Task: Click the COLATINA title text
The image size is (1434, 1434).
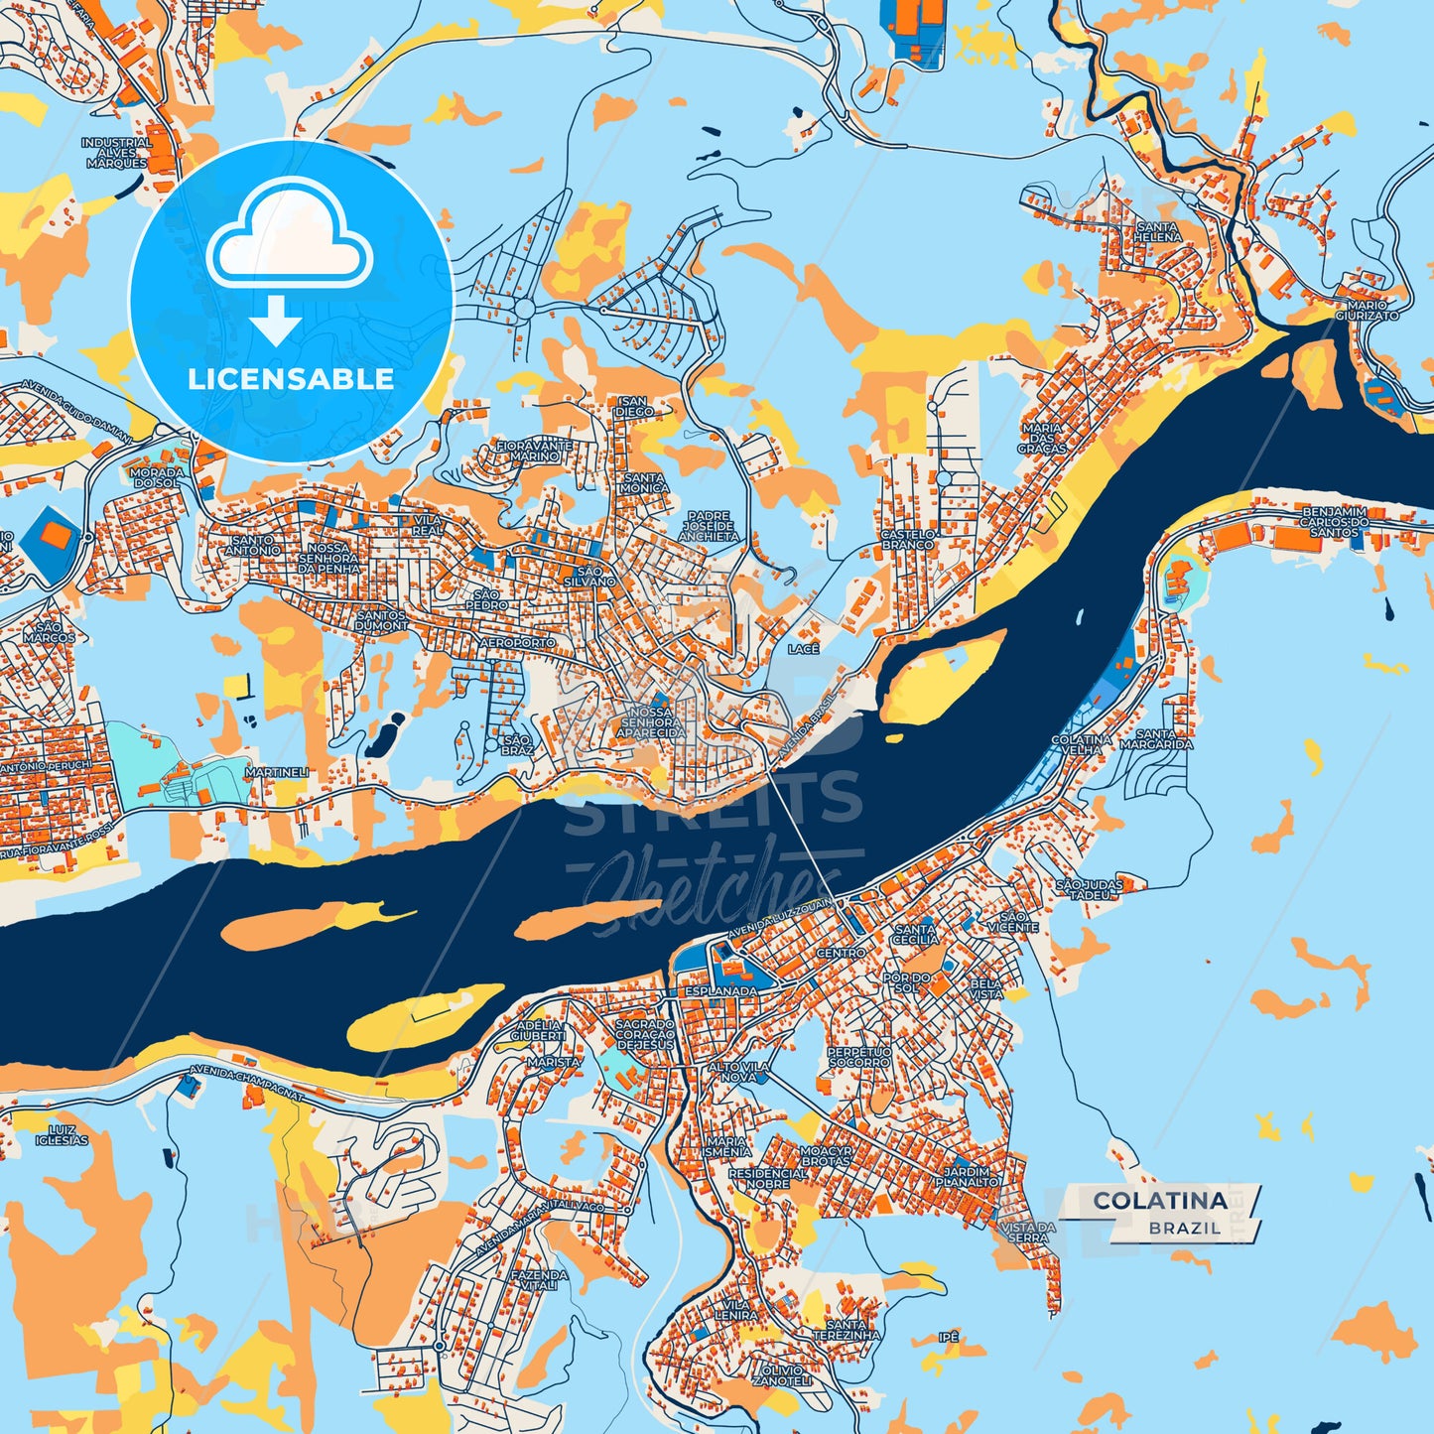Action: click(x=1159, y=1200)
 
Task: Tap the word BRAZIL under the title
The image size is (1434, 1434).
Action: click(x=1184, y=1228)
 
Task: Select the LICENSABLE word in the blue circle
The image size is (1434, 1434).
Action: click(x=291, y=378)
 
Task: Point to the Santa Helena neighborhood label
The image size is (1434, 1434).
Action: click(x=1159, y=232)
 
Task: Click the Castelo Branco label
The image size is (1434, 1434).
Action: click(x=907, y=539)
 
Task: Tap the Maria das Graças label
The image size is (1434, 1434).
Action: click(x=1041, y=438)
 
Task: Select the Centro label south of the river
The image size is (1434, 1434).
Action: click(x=841, y=953)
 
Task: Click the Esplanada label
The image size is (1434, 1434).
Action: click(x=721, y=990)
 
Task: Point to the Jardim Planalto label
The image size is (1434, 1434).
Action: click(x=968, y=1176)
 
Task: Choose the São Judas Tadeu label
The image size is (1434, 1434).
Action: click(x=1090, y=889)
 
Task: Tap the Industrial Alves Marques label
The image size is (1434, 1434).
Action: click(x=116, y=153)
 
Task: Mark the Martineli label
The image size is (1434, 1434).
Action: click(x=277, y=772)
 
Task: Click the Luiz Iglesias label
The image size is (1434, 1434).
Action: click(x=62, y=1135)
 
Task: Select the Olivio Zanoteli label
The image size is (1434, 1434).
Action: click(x=782, y=1375)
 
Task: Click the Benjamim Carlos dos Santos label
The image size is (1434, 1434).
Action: click(x=1334, y=522)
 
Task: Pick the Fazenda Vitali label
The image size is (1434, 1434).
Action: click(x=540, y=1280)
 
